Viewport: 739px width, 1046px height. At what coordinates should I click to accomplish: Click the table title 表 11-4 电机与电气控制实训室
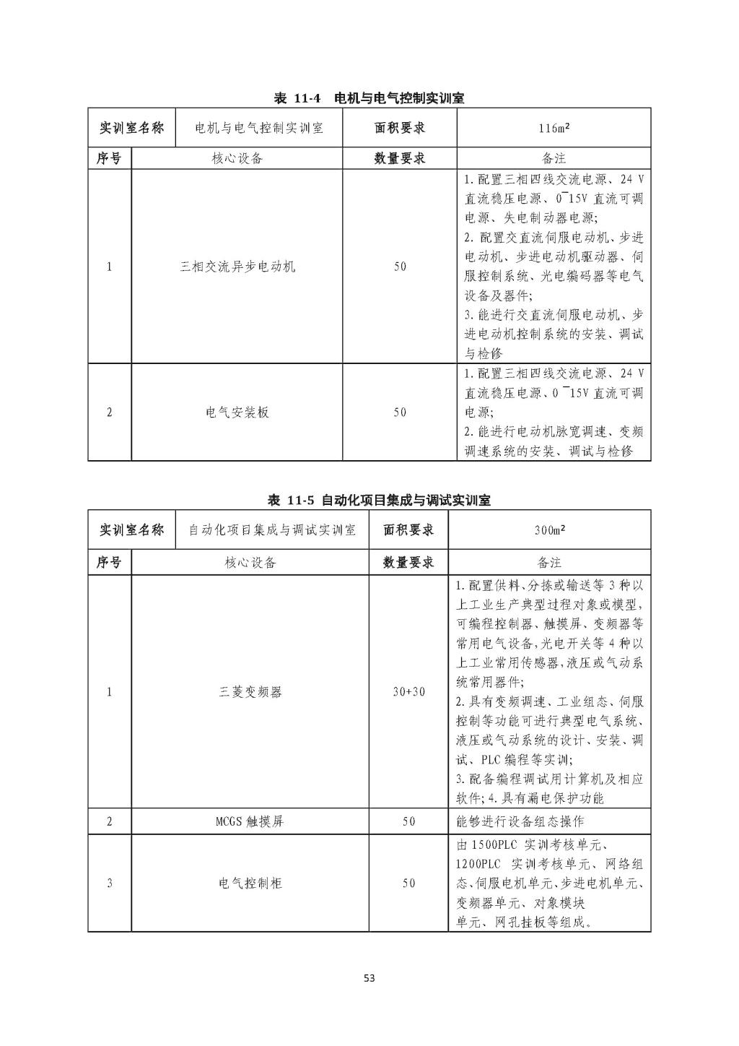pos(369,98)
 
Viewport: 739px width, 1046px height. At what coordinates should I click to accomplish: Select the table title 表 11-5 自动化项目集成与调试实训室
pos(379,500)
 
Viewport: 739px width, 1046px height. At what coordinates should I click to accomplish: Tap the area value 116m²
pos(554,129)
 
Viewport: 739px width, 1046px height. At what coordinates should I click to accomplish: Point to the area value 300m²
pos(549,530)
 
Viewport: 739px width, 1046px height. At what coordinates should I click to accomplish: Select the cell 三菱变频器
pos(250,691)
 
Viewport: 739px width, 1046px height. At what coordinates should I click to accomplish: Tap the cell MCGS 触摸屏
pos(250,821)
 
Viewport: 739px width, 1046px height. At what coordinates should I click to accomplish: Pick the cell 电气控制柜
pos(250,883)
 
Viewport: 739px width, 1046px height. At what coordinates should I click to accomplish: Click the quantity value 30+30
pos(408,691)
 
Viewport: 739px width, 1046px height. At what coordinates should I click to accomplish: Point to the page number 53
pos(369,979)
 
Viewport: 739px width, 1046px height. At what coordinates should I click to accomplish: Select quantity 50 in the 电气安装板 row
pos(400,412)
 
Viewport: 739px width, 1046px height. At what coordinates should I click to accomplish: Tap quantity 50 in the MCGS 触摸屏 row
pos(408,821)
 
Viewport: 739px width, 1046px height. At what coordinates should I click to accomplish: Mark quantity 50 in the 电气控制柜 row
pos(408,883)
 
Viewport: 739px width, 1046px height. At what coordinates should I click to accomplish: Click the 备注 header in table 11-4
pos(554,158)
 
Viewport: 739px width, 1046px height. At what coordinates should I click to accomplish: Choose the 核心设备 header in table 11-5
pos(250,562)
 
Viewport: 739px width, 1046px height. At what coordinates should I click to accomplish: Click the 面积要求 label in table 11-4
pos(400,129)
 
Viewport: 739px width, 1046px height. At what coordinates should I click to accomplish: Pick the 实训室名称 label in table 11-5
pos(131,530)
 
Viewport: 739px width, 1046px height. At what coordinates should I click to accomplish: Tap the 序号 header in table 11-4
pos(109,158)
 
